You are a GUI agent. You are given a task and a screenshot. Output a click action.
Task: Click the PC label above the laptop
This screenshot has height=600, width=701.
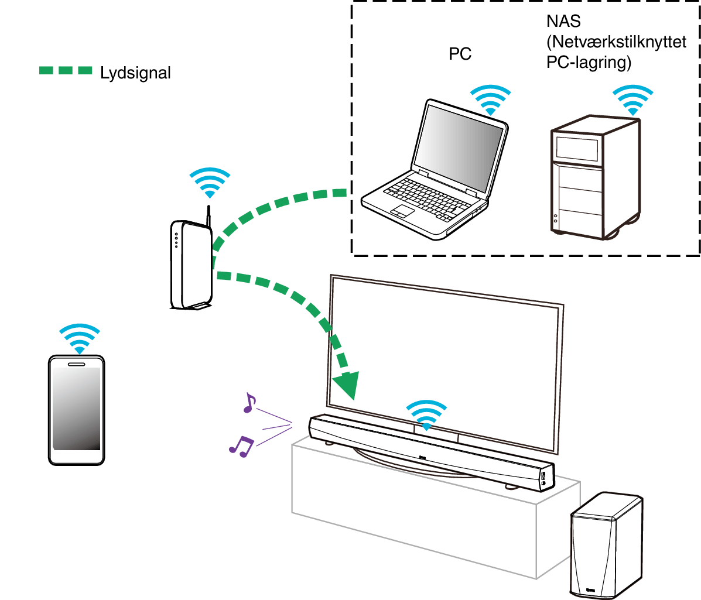(x=460, y=54)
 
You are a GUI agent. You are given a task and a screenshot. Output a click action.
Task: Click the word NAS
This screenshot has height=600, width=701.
(x=563, y=22)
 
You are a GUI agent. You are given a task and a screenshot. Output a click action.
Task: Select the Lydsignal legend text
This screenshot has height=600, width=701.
(x=135, y=73)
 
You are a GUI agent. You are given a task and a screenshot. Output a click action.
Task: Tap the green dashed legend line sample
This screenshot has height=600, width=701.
(x=66, y=71)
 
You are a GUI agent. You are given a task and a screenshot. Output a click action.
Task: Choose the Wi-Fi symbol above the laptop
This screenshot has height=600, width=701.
(x=491, y=100)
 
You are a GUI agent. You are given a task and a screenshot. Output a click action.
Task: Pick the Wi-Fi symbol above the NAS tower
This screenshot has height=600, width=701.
(x=632, y=100)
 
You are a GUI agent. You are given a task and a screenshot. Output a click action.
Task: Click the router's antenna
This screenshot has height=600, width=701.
(x=208, y=214)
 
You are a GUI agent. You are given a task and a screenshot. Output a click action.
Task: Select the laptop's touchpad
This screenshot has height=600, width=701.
(x=403, y=211)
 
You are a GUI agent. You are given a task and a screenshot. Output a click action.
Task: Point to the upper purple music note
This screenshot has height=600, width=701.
(x=249, y=403)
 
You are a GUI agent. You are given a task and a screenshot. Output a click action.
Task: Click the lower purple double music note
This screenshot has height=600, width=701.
(x=241, y=447)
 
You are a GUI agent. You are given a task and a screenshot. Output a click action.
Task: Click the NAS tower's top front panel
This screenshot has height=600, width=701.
(x=577, y=149)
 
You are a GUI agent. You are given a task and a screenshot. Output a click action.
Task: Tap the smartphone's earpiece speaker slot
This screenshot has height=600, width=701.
(x=76, y=364)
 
